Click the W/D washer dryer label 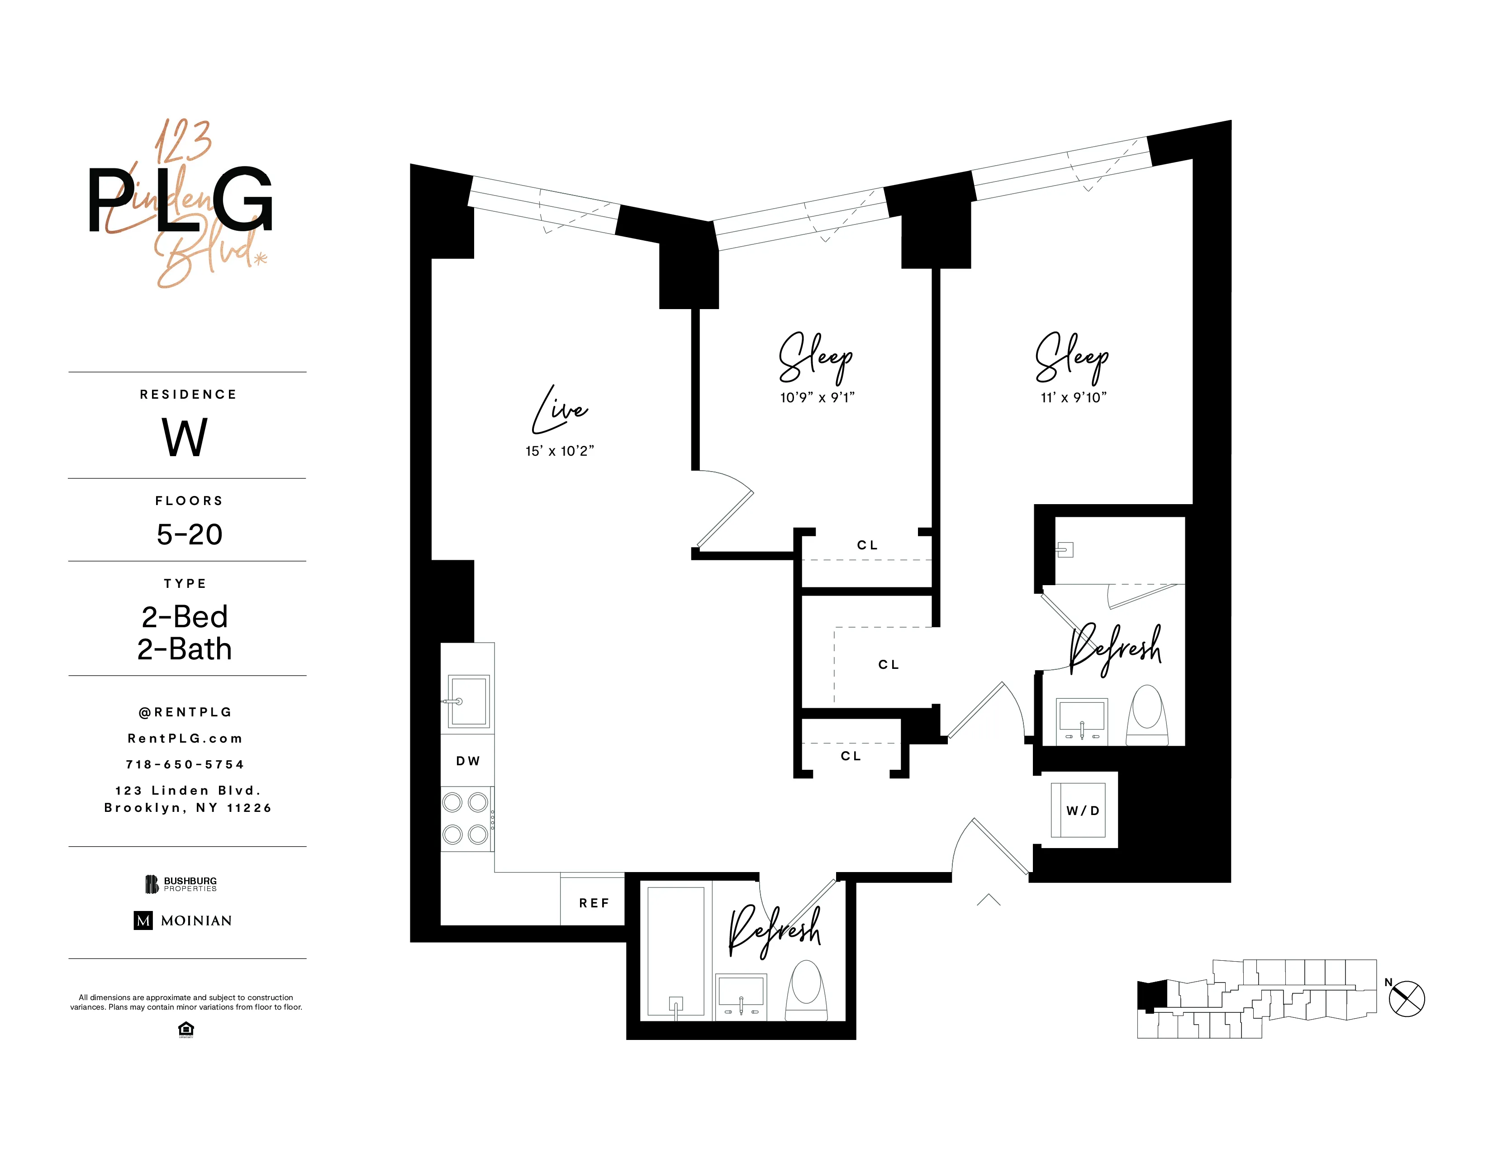click(1083, 811)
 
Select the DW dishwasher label click(468, 761)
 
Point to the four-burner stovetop click(466, 818)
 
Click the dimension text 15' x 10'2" click(559, 451)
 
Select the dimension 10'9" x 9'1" click(817, 398)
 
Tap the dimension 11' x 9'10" click(1073, 398)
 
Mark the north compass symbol click(1406, 998)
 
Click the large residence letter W click(185, 438)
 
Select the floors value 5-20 click(190, 534)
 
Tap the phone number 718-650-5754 click(185, 764)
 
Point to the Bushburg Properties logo click(181, 884)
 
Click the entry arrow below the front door click(989, 900)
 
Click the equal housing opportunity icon click(185, 1029)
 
